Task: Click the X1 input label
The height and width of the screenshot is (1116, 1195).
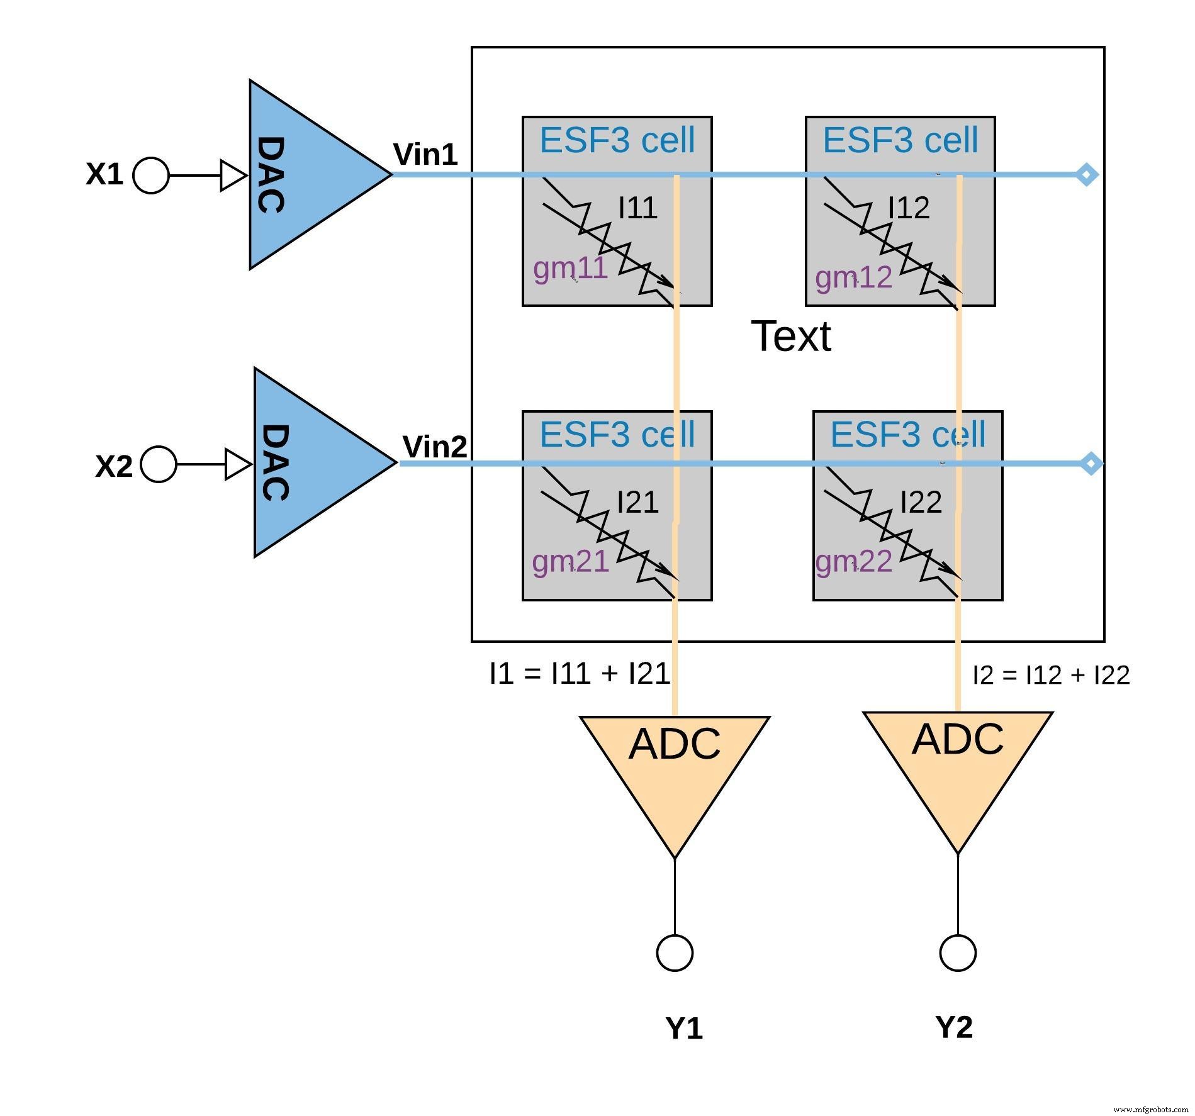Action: click(x=104, y=174)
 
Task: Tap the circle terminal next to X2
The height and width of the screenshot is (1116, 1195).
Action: click(x=158, y=464)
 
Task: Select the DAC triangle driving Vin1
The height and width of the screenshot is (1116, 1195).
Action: click(x=302, y=175)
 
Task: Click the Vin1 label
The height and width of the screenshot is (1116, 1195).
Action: click(x=425, y=154)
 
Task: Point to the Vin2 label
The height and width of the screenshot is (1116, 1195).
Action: click(x=435, y=447)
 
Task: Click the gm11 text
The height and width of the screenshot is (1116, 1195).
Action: click(x=570, y=269)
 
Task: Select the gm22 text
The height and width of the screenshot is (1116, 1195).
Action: click(x=853, y=561)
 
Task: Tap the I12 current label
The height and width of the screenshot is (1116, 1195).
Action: click(x=909, y=208)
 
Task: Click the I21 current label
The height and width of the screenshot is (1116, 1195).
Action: click(x=637, y=502)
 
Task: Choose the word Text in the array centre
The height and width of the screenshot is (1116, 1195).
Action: click(x=791, y=336)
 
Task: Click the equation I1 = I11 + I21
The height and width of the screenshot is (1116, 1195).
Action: click(x=580, y=674)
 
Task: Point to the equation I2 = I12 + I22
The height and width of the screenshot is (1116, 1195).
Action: click(x=1051, y=675)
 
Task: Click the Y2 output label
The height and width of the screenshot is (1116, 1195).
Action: click(x=954, y=1027)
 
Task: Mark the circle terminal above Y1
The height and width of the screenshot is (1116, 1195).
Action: click(x=675, y=952)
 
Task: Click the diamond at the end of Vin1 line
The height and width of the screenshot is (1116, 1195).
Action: click(x=1087, y=174)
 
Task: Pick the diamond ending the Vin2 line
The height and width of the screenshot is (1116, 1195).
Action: click(x=1091, y=464)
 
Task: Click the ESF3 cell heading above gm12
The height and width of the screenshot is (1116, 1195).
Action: click(x=900, y=140)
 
